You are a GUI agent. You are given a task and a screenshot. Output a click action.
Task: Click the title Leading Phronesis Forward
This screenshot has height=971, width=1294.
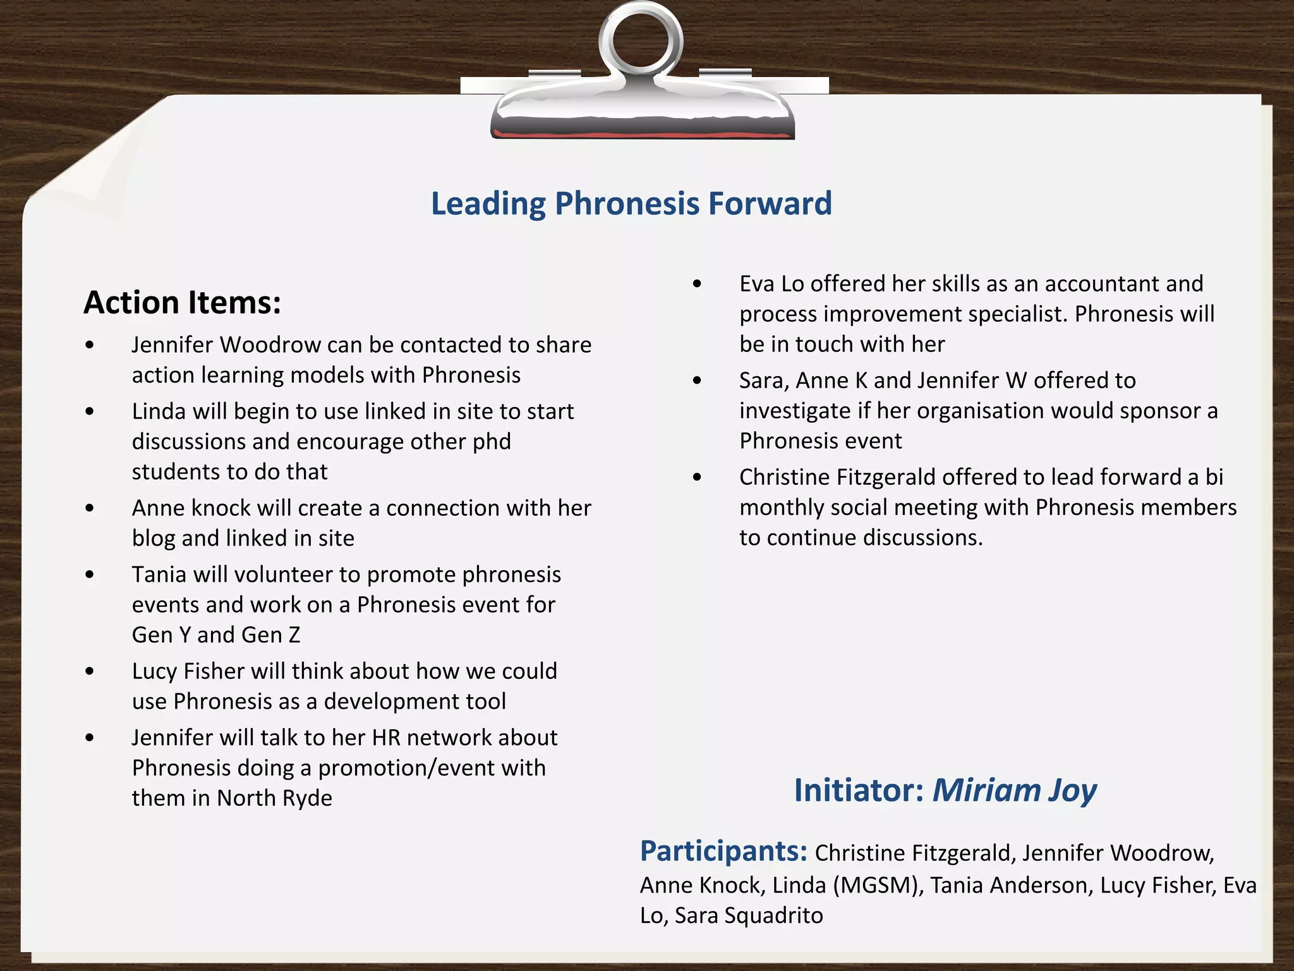pos(631,204)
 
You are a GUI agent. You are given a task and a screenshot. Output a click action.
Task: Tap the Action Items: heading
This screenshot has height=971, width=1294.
pos(182,302)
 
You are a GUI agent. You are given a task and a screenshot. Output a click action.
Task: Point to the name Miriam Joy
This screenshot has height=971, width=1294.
pos(1014,790)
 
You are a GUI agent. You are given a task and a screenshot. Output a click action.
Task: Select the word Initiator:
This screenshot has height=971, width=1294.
pos(859,790)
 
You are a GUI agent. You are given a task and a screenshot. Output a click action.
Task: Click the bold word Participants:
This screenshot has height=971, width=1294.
pos(723,851)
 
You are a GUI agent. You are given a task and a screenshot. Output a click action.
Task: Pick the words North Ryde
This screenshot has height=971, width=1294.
pos(274,798)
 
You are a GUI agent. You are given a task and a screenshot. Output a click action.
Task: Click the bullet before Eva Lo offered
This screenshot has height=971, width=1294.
pos(697,284)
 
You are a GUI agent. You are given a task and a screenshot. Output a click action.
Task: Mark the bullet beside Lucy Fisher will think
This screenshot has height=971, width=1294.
pos(90,671)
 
